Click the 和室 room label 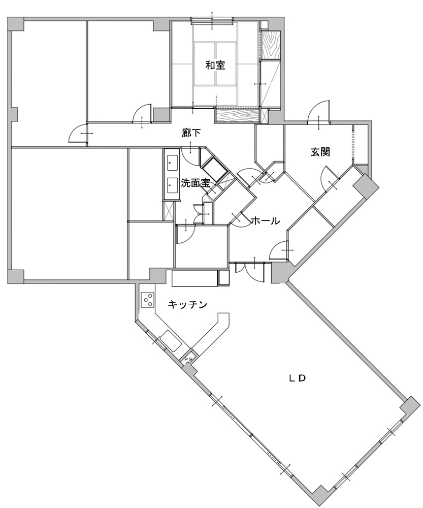pos(215,66)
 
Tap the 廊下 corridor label pos(191,133)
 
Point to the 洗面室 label pos(196,183)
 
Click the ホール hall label pos(265,221)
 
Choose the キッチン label pos(187,304)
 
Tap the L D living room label pos(298,378)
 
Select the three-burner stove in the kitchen pos(148,300)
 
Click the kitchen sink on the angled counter pos(171,341)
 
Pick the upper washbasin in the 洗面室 pos(172,163)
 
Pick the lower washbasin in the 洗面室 pos(172,185)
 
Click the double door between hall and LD pos(250,271)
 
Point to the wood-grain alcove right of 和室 pos(270,45)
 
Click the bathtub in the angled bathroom pos(213,170)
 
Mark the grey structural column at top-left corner pos(16,24)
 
